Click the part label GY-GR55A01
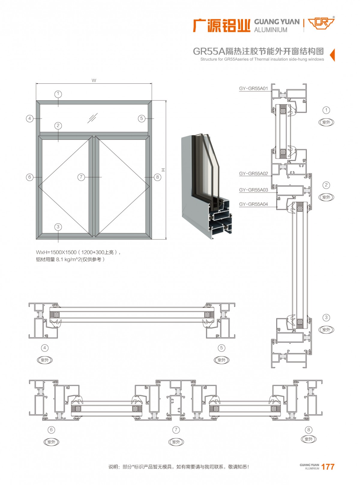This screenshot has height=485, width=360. point(253,88)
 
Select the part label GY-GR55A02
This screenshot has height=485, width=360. point(253,174)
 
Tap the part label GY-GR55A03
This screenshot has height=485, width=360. point(253,190)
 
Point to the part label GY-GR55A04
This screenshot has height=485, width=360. point(253,204)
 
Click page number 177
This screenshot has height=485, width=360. point(328,467)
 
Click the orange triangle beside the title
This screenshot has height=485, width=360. point(332,55)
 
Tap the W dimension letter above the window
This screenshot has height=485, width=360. point(94,80)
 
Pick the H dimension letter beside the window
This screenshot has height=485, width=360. point(163,170)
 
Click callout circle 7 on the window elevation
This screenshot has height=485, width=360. point(81,177)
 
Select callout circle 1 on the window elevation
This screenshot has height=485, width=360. point(58,94)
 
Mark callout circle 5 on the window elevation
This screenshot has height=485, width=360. point(142,118)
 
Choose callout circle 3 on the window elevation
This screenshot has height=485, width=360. point(58,227)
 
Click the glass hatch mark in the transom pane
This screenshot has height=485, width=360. point(92,118)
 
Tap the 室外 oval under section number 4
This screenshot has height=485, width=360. point(45,360)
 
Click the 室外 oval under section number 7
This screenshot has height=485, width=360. point(176,442)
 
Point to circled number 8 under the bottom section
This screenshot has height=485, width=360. point(308,430)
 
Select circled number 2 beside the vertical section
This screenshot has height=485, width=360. point(326,185)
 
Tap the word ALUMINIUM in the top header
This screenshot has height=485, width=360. point(271,30)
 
